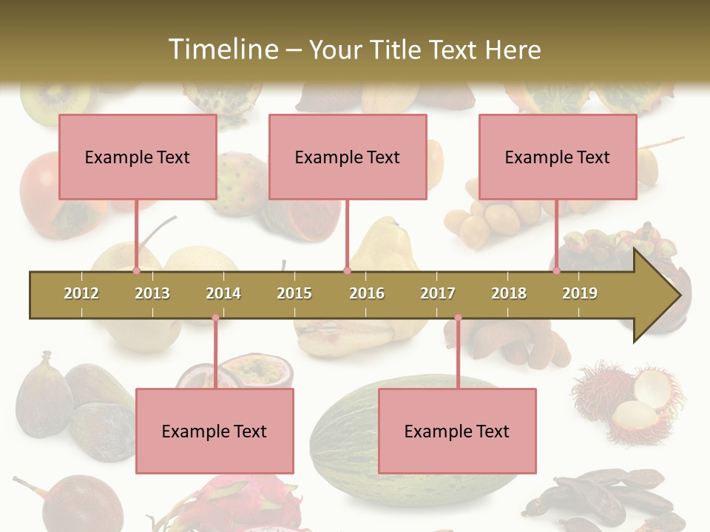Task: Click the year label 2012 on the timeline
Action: tap(81, 293)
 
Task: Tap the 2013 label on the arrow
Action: tap(152, 293)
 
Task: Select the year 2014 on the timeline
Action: tap(223, 293)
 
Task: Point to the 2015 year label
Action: tap(294, 293)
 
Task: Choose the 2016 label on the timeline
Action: tap(367, 293)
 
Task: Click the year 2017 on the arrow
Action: tap(438, 293)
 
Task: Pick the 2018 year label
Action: tap(509, 293)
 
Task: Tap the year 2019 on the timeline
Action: tap(580, 293)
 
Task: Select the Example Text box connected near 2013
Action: tap(138, 157)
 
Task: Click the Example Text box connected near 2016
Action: tap(348, 157)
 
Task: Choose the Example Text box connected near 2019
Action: tap(558, 157)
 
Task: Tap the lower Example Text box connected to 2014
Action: tap(214, 431)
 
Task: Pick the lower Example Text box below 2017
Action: tap(457, 431)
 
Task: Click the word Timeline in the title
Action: tap(222, 50)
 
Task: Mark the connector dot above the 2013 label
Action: tap(137, 270)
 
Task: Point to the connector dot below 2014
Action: tap(215, 318)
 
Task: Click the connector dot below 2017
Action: tap(458, 318)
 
